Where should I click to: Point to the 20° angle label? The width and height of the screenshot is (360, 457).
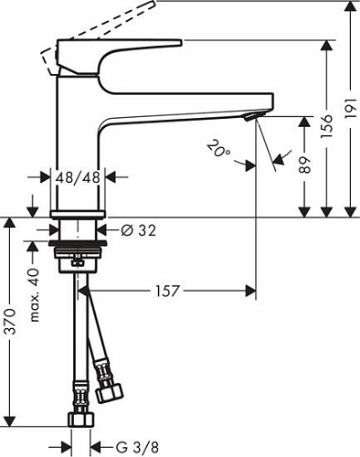coord(217,148)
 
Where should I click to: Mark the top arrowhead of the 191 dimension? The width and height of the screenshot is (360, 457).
coord(350,8)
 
